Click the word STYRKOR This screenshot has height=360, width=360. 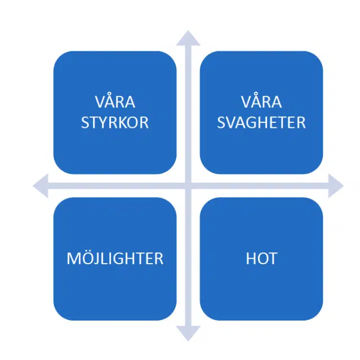click(x=115, y=122)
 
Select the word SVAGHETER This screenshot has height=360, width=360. click(x=261, y=122)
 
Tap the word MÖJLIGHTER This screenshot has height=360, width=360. click(x=115, y=258)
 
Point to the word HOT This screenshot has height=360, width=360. click(x=261, y=259)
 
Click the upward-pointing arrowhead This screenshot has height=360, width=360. click(x=188, y=38)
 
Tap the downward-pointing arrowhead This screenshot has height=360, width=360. click(x=188, y=334)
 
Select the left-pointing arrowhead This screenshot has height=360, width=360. click(x=41, y=186)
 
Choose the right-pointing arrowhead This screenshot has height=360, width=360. click(x=336, y=186)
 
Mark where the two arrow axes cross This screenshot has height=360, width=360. click(x=188, y=186)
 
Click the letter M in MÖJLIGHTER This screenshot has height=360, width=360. click(x=73, y=259)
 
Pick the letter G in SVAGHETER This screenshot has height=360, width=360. click(x=251, y=123)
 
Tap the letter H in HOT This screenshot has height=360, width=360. click(x=251, y=259)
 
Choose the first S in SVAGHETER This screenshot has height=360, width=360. click(x=221, y=123)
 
